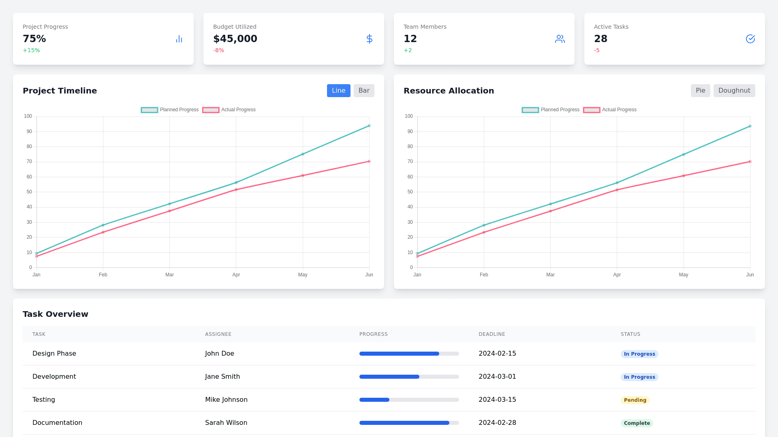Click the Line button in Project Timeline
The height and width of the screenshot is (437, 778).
[x=338, y=91]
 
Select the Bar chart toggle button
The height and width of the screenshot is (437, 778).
[x=364, y=91]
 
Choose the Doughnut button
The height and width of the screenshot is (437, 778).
[x=734, y=91]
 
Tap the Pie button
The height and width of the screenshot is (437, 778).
[x=700, y=91]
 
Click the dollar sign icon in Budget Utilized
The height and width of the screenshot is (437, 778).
[x=369, y=39]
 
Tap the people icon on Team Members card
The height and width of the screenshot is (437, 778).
[x=560, y=39]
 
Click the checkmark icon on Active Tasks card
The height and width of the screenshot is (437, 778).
[x=750, y=39]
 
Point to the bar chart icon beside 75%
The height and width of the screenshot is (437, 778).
[x=179, y=39]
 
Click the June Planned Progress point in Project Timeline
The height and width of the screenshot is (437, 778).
[x=369, y=126]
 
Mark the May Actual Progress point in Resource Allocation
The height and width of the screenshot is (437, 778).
[x=684, y=176]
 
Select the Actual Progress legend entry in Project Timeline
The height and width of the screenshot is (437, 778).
[x=229, y=110]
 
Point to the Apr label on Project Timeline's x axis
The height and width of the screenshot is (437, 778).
[x=236, y=275]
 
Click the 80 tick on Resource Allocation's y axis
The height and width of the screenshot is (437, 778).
[x=410, y=146]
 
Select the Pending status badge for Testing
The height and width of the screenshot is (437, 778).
[x=635, y=400]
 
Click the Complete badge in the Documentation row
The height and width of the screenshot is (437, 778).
[x=637, y=423]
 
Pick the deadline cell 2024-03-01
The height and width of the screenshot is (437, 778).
[x=497, y=377]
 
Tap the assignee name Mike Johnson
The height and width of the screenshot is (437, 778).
[x=226, y=400]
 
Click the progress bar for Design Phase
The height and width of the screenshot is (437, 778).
[x=409, y=354]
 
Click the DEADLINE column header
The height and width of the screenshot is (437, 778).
[x=492, y=334]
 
